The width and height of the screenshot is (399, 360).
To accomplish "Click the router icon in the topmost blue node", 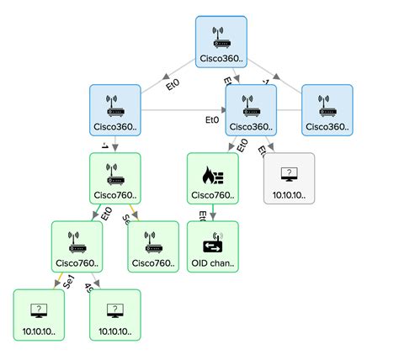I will point(221,37).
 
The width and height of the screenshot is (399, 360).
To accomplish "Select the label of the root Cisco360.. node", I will point(221,59).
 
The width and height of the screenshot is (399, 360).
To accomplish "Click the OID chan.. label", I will point(212,263).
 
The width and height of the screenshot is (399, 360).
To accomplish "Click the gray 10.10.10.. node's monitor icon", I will point(289,174).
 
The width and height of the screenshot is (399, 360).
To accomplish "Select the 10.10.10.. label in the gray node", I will point(289,196).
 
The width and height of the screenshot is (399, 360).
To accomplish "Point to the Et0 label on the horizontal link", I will point(212,119).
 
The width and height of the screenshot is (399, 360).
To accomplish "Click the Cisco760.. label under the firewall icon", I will point(212,196).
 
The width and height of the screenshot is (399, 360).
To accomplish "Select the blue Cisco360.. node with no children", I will point(327,110).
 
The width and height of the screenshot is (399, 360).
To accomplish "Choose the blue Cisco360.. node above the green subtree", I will point(114,110).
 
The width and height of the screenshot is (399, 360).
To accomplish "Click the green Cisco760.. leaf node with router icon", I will point(153,246).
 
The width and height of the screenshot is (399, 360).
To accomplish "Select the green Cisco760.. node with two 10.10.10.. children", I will point(77,246).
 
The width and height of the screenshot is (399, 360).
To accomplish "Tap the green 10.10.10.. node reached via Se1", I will point(39,315).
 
